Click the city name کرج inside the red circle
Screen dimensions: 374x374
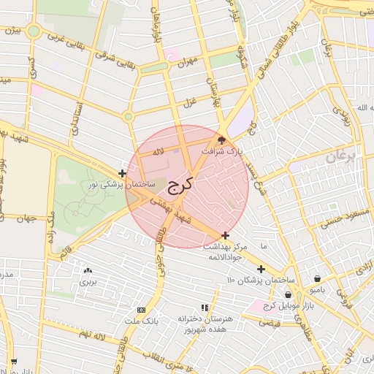click(x=178, y=185)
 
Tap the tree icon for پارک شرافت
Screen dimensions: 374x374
click(x=223, y=140)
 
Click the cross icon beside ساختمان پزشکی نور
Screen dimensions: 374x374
click(x=121, y=173)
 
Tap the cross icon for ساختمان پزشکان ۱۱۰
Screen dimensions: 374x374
click(x=261, y=269)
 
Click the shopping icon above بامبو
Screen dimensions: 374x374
click(x=317, y=278)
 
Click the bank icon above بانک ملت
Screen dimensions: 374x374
click(x=141, y=310)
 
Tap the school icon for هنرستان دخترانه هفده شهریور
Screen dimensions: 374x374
click(x=205, y=308)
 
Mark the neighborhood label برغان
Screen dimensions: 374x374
click(x=340, y=156)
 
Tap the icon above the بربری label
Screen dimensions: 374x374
click(x=88, y=270)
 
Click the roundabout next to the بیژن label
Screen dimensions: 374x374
click(x=34, y=31)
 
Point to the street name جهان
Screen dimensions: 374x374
click(x=28, y=218)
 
